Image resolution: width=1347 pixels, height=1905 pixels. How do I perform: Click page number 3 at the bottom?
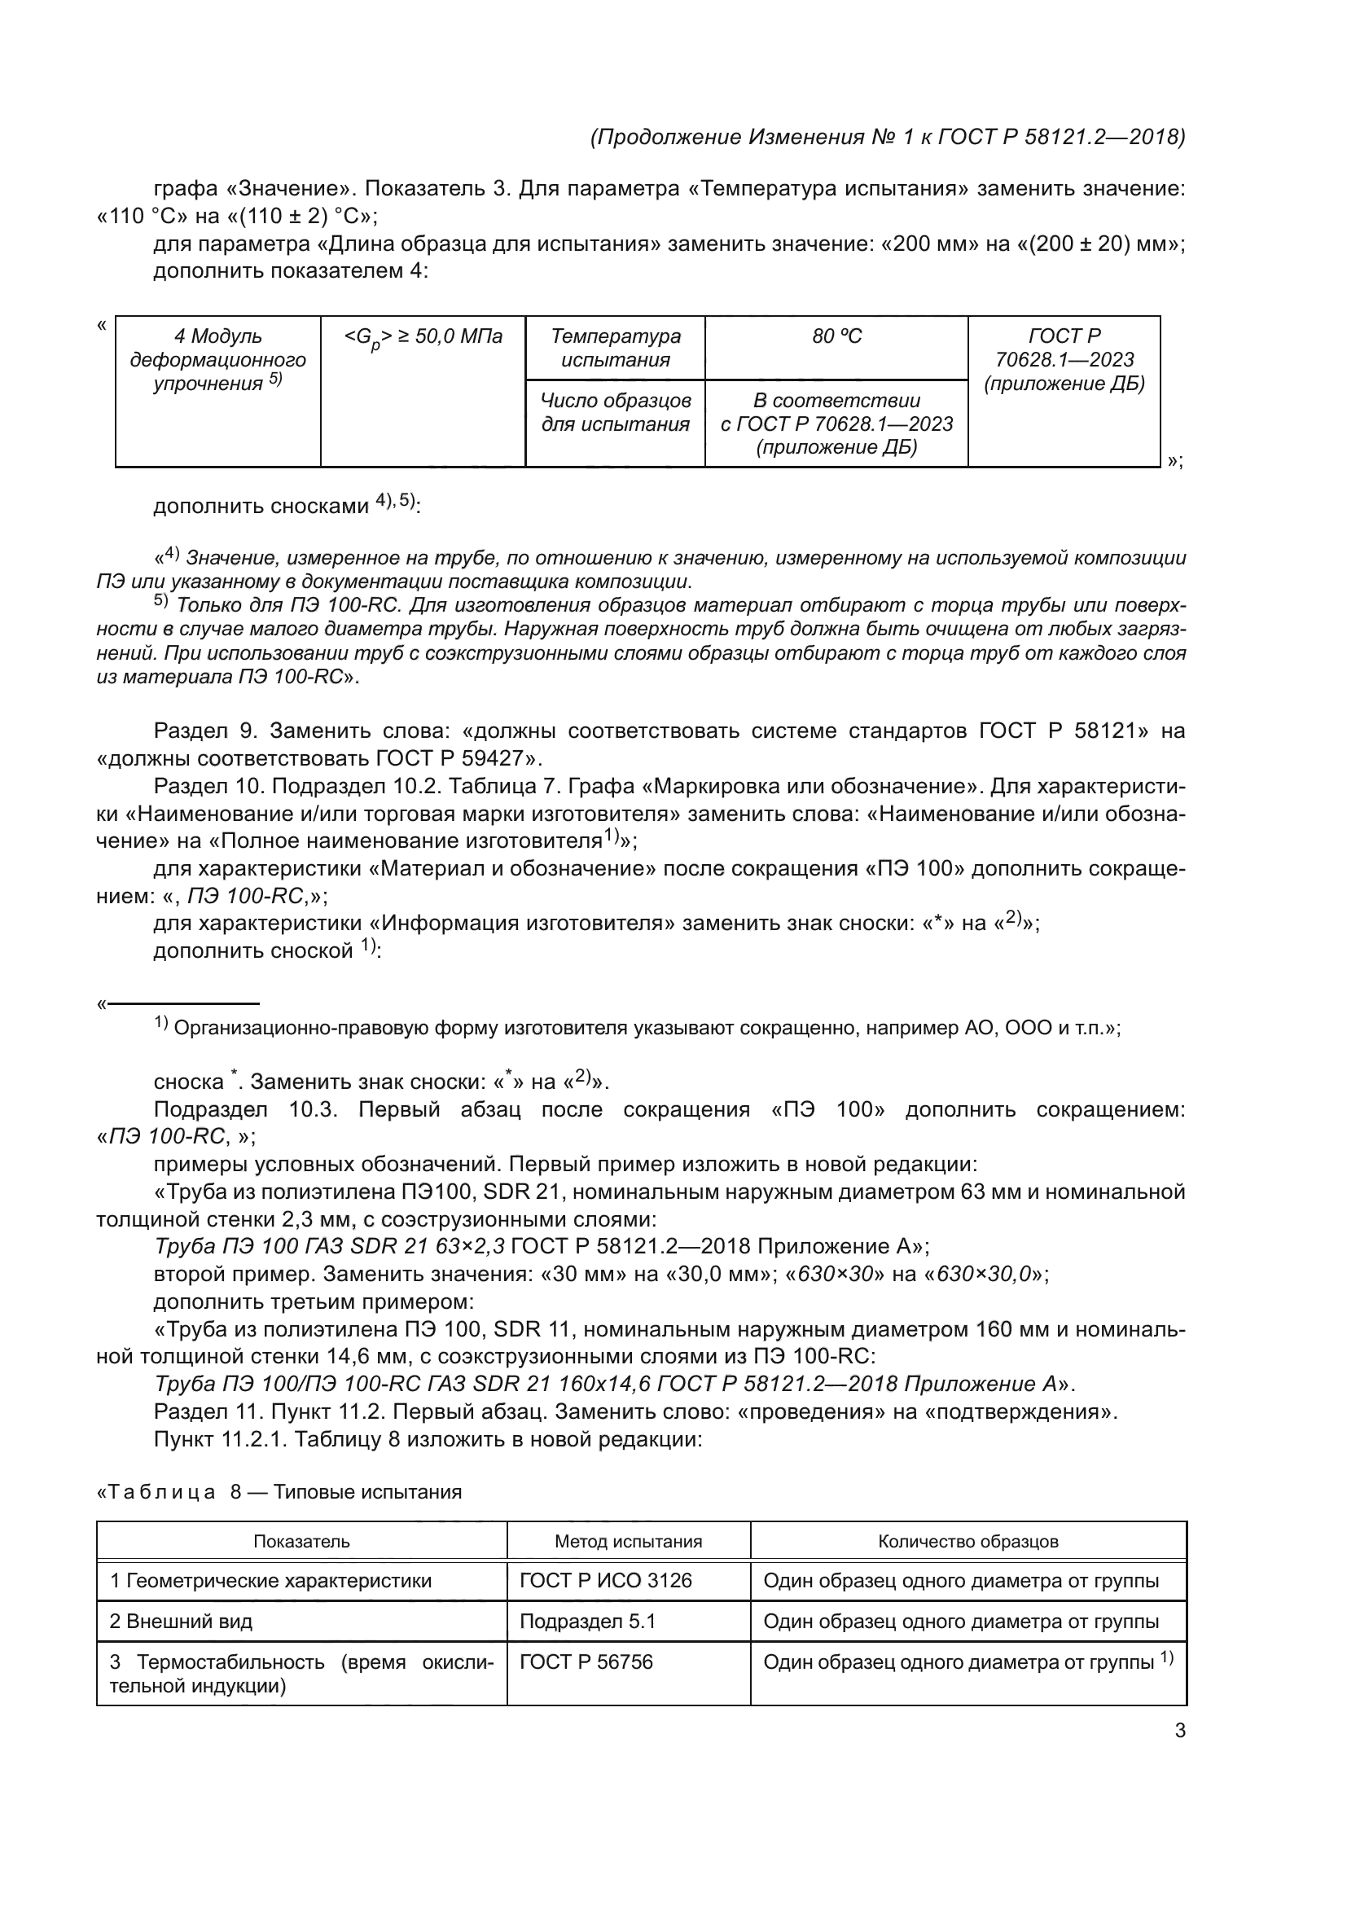coord(1179,1732)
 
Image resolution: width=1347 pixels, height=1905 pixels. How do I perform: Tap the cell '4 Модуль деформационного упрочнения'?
coord(218,360)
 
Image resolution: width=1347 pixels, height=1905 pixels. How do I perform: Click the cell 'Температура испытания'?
coord(615,348)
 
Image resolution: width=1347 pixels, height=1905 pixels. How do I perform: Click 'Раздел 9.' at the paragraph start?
coord(207,731)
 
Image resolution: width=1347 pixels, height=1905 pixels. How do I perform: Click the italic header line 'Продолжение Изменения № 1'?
coord(887,137)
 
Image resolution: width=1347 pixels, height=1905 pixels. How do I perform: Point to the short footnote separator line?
coord(183,1004)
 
